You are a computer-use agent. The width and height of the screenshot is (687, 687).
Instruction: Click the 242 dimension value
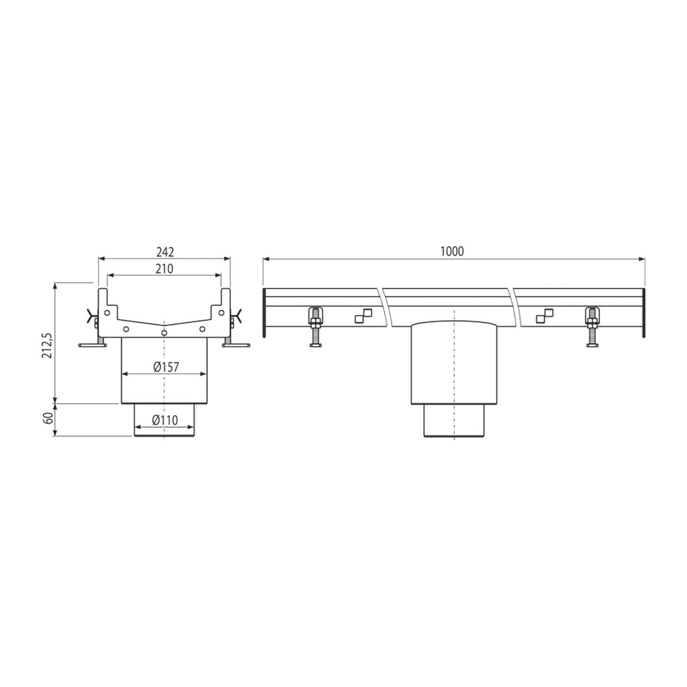point(165,252)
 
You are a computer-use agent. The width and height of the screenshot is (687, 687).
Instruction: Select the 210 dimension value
point(164,268)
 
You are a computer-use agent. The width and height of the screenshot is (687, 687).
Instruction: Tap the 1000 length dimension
point(452,252)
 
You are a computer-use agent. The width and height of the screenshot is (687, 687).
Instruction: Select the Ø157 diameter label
point(166,367)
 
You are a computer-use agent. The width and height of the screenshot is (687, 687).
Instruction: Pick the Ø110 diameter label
point(165,420)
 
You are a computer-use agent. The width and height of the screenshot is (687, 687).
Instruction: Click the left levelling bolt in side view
point(315,327)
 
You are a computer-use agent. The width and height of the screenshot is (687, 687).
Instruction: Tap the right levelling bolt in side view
point(592,327)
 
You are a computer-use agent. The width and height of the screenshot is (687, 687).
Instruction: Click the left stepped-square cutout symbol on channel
point(363,316)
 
